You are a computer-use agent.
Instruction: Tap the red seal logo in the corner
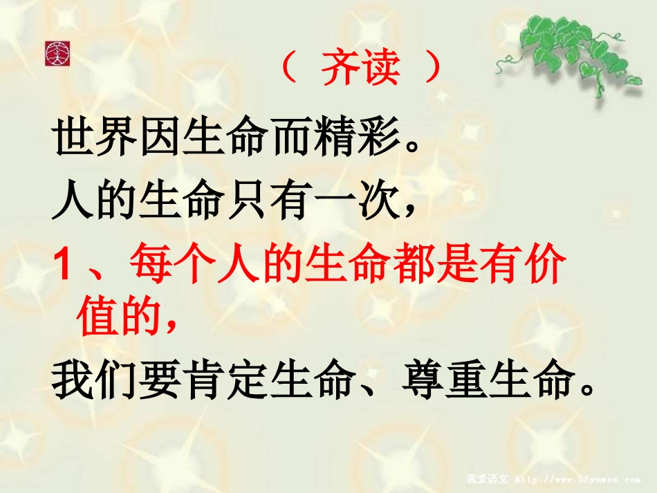point(57,53)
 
